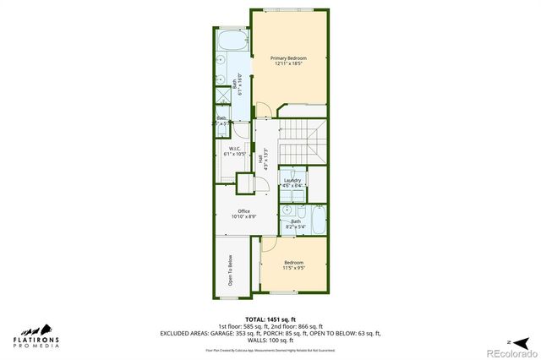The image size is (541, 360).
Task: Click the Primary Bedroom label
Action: click(287, 57)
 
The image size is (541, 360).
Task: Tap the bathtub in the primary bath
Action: click(230, 40)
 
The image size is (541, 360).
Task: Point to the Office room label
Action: click(243, 211)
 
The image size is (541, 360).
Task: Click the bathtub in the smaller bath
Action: click(317, 221)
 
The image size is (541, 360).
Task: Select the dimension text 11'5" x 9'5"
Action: click(293, 269)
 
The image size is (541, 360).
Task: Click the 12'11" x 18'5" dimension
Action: click(287, 64)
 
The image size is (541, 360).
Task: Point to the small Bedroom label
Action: click(293, 263)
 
